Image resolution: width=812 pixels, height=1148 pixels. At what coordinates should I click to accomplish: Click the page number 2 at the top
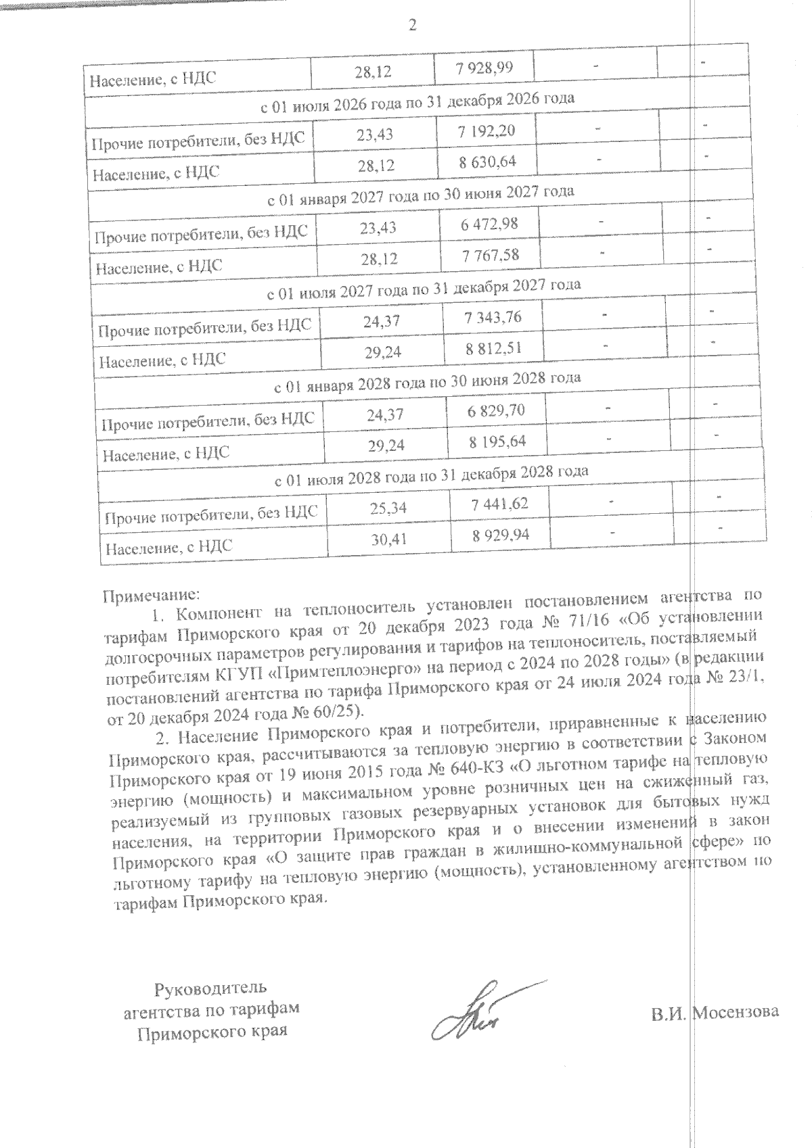click(x=412, y=26)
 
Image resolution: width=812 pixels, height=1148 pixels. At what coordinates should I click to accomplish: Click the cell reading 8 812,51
click(x=495, y=348)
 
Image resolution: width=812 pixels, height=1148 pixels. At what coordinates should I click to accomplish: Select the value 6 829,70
click(x=496, y=410)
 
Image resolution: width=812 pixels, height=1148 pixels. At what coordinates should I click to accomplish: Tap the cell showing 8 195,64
click(x=497, y=441)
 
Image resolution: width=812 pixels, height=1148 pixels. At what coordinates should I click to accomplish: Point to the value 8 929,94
click(x=501, y=535)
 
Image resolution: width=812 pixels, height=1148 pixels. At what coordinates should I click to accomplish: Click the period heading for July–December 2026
click(x=418, y=100)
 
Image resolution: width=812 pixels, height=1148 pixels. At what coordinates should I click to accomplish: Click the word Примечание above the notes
click(x=151, y=596)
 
